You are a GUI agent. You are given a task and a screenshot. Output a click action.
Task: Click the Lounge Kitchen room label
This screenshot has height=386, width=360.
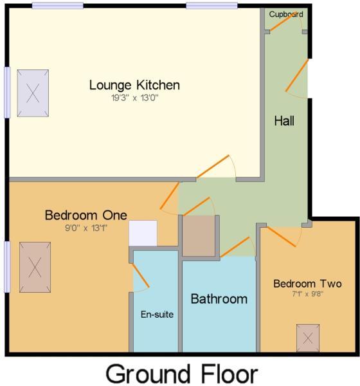point(134,85)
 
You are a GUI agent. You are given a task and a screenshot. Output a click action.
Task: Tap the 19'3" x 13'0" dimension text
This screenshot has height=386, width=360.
point(134,98)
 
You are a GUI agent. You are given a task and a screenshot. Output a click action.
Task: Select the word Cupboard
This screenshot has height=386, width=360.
point(285,14)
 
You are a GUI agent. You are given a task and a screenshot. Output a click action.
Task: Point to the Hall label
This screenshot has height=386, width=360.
point(284,120)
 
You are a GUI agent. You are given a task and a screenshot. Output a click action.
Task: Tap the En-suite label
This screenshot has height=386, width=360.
point(157,315)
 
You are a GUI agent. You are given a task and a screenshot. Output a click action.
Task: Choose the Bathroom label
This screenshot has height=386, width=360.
point(219,299)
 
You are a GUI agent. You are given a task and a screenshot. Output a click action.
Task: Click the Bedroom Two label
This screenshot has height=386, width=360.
point(307,284)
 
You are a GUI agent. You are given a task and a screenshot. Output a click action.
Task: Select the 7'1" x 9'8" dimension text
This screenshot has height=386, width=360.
point(307,295)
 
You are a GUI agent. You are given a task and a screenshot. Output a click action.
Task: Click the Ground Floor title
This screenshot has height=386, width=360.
point(181,374)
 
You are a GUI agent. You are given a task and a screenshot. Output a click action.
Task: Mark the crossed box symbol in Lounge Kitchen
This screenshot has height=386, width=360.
point(33,92)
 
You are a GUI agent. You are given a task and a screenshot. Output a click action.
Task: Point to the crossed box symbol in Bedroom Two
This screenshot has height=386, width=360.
point(307,337)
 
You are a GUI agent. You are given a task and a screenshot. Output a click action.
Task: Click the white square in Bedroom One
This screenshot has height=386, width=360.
point(143,234)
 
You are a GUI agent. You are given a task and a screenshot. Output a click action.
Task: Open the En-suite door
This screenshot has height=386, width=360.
point(141,277)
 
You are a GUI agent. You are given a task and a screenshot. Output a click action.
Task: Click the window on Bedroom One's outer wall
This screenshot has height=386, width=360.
point(7,266)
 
